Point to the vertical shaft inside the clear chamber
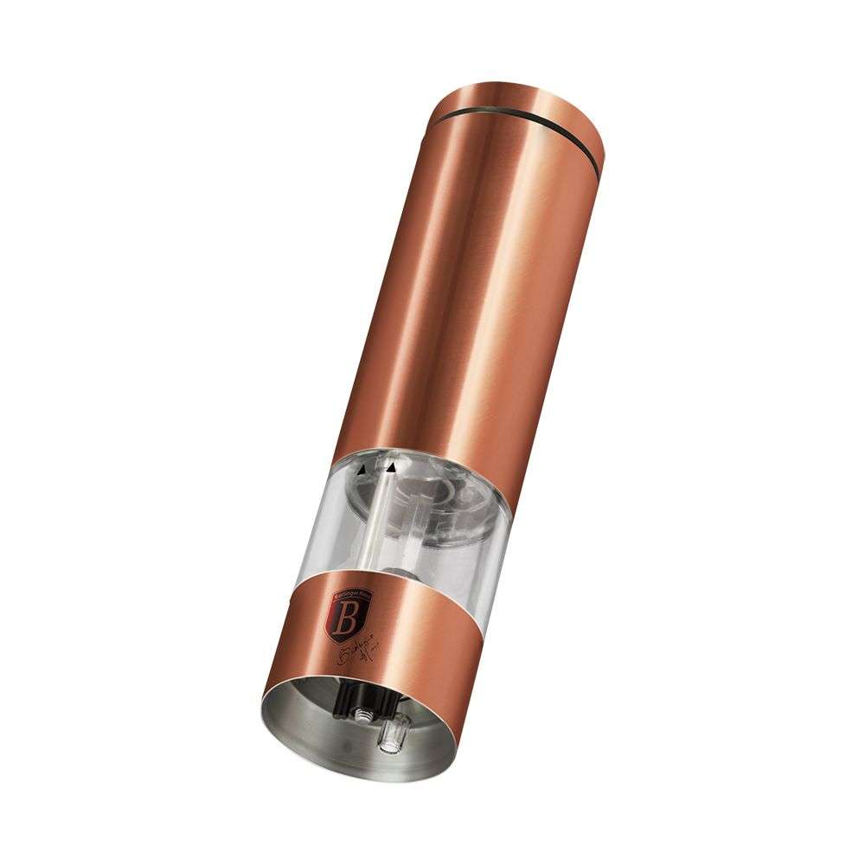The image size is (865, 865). click(x=375, y=519)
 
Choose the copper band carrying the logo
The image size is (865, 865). click(x=407, y=623)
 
